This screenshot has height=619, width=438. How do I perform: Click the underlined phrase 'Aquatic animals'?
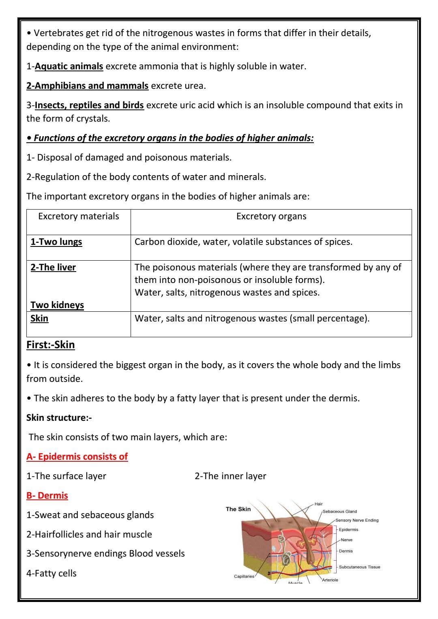(x=69, y=66)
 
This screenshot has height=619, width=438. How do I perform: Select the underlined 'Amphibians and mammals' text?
(x=87, y=86)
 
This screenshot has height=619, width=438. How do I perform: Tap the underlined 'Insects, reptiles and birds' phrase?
(x=89, y=105)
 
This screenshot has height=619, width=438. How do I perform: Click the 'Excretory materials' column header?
(x=79, y=216)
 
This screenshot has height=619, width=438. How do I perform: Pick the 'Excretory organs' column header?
(x=271, y=216)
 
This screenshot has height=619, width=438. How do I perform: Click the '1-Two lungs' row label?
(x=56, y=242)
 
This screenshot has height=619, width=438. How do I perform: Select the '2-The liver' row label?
(x=53, y=267)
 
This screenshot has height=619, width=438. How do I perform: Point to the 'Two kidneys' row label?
(x=57, y=305)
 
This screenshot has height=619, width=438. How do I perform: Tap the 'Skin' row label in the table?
(x=39, y=318)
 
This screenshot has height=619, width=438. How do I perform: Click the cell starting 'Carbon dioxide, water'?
(x=243, y=242)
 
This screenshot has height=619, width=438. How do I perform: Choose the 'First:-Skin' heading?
(x=51, y=345)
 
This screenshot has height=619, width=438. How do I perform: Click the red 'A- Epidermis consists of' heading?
(x=77, y=456)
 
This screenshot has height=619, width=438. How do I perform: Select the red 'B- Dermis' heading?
(x=47, y=495)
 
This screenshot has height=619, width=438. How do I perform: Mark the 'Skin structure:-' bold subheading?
(x=59, y=418)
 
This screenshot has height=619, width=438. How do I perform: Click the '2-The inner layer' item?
(x=230, y=476)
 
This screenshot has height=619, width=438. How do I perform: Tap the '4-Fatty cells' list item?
(x=52, y=573)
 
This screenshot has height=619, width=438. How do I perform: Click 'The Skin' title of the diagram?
(x=238, y=509)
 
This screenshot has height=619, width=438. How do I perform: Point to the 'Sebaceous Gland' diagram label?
(x=339, y=512)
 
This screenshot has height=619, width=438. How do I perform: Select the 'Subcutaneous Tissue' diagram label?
(x=359, y=567)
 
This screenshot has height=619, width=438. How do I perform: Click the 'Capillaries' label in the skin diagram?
(x=244, y=576)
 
